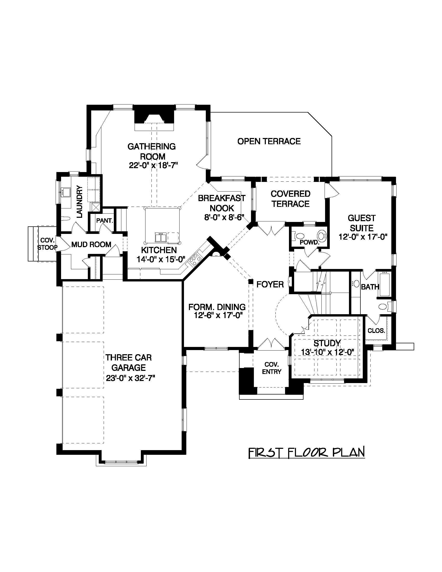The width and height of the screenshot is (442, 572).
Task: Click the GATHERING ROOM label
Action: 151,151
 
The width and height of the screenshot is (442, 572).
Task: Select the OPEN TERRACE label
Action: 269,141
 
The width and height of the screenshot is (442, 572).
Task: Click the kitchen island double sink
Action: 160,237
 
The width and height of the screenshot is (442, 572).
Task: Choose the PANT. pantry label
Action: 104,221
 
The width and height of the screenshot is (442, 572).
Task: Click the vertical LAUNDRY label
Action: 79,201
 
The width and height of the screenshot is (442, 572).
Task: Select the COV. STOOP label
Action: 47,244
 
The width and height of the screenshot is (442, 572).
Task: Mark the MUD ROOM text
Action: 91,245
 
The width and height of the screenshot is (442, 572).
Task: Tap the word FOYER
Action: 270,284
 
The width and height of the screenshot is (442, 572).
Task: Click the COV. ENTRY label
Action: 272,368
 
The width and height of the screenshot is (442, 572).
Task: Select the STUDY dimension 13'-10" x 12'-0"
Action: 327,352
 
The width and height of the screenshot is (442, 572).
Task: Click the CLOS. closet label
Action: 376,331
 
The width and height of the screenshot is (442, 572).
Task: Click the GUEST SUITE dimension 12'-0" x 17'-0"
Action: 363,237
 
